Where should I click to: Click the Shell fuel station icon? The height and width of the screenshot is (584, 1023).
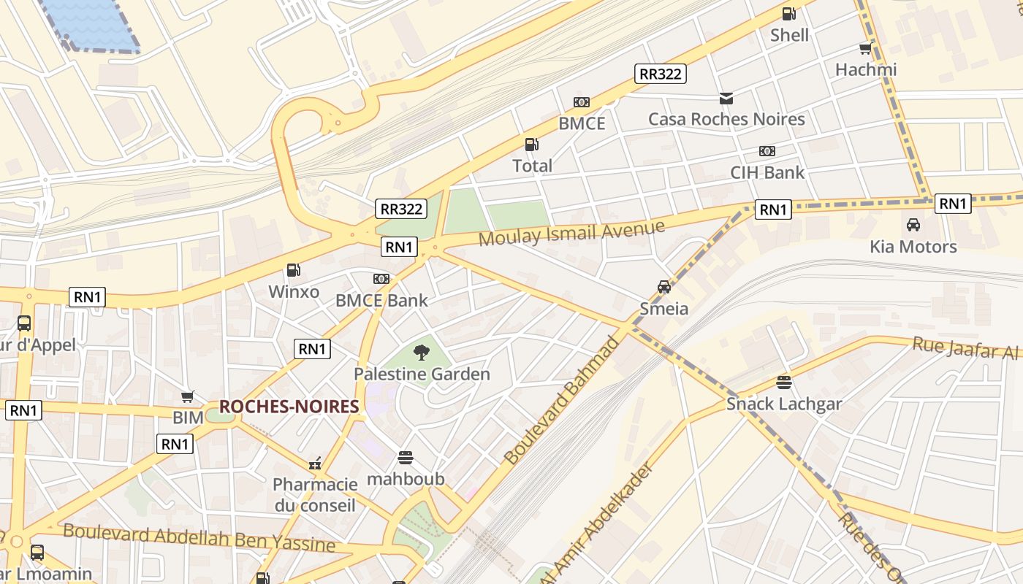point(788,13)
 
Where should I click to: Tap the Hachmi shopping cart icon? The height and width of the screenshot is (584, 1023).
point(866,48)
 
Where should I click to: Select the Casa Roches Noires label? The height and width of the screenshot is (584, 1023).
point(726,119)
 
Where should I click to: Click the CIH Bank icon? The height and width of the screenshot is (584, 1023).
point(767,151)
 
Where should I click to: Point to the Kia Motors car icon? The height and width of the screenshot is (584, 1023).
point(913,225)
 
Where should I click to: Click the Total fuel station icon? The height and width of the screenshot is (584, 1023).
point(532,145)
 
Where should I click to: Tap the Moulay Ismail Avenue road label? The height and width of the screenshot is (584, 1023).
point(571,233)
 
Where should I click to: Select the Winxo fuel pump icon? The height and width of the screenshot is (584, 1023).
point(293,270)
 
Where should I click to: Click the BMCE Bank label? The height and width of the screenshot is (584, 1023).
point(381,300)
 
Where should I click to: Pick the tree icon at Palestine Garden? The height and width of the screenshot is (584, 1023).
point(421,353)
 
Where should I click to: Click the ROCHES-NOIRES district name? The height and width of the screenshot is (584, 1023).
point(289,407)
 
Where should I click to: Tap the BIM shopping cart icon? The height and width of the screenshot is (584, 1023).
point(188,396)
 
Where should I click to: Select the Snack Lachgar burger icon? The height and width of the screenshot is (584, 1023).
point(784,382)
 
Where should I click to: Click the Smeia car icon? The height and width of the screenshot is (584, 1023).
point(663,287)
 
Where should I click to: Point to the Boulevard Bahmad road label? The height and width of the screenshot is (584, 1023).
point(563,399)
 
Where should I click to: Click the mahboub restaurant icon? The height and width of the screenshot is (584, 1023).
point(406,458)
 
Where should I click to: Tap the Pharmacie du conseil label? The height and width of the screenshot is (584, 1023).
point(315,494)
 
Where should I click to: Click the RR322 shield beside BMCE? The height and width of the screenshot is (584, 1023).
point(660,74)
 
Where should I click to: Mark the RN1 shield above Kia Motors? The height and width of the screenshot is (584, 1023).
point(953,204)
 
